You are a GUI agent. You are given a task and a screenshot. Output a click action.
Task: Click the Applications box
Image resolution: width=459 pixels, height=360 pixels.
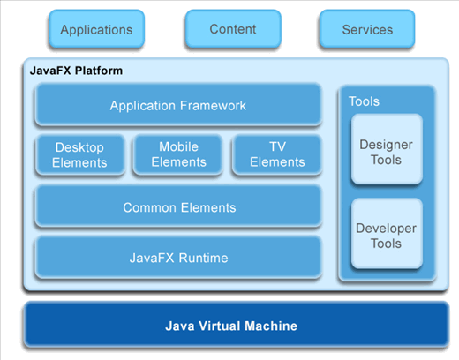point(96,29)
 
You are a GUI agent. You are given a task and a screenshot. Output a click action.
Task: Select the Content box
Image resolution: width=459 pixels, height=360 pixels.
point(233,29)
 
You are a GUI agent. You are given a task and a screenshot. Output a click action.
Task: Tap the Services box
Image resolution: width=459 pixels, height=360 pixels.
point(367,29)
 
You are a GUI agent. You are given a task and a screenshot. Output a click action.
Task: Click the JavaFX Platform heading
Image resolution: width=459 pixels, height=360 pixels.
point(76,71)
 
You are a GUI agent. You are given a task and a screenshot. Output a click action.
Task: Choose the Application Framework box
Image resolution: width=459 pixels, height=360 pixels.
point(178,105)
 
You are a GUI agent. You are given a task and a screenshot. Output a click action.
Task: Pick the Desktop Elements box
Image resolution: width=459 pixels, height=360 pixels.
point(79,154)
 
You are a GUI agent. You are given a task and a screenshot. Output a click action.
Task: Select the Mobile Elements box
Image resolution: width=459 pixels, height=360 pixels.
point(178,154)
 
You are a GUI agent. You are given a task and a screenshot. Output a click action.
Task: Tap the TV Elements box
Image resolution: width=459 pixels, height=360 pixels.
point(277,154)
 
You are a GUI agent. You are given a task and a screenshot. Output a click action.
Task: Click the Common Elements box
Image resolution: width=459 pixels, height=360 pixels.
point(178,206)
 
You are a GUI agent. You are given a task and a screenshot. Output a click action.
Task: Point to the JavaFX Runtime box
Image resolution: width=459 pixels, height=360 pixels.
point(178,258)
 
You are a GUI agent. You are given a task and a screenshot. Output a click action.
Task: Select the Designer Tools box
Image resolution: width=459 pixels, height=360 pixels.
point(387,149)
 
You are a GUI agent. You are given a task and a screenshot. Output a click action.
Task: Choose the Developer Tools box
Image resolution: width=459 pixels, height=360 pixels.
point(387,234)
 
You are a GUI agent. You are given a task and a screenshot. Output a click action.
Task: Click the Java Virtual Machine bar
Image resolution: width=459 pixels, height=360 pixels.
point(237,325)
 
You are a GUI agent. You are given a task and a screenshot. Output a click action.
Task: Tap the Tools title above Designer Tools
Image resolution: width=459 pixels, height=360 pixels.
point(364,101)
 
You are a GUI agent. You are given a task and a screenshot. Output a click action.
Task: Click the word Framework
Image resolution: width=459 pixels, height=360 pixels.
point(213,106)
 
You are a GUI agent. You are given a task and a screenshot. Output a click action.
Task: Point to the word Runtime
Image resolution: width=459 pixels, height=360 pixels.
point(203,258)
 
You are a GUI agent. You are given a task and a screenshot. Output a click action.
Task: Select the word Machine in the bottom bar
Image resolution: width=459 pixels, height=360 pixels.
point(271,326)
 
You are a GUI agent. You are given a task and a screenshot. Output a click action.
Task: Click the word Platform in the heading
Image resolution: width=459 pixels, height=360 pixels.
point(99,71)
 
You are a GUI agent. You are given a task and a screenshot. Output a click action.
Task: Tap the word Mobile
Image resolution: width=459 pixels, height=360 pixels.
point(178,146)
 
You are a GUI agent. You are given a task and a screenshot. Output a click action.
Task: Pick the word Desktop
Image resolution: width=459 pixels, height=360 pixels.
point(79,147)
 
